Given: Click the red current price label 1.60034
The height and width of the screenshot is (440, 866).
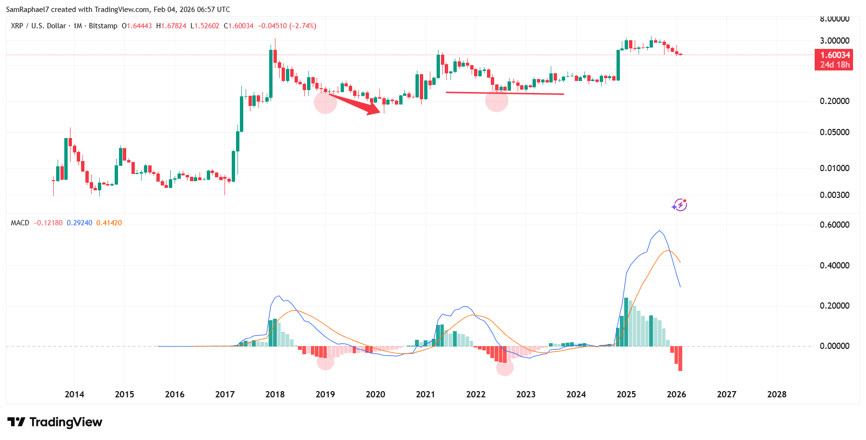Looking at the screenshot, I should pos(834,55).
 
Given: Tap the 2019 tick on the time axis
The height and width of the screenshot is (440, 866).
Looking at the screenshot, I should pos(325,394).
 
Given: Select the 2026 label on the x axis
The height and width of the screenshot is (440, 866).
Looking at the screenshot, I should pos(676,394).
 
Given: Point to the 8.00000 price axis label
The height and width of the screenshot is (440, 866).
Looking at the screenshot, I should pos(834,19).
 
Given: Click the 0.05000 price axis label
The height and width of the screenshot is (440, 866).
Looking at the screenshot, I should pos(834,132).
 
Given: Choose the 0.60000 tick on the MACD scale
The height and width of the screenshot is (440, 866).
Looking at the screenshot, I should pos(834,225).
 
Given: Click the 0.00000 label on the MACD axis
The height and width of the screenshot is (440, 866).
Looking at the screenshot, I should pos(834,346).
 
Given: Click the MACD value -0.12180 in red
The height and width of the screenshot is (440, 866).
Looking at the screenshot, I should pos(48,223).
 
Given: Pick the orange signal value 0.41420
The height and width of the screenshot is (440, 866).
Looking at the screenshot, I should pos(109,223).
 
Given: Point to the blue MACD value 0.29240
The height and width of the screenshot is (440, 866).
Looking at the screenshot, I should pos(79,223).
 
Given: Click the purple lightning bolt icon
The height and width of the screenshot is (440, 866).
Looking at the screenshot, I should pos(679,205).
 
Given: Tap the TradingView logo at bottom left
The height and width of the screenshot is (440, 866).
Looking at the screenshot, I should pos(55,422).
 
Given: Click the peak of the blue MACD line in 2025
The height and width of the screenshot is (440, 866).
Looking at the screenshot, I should pos(660,231).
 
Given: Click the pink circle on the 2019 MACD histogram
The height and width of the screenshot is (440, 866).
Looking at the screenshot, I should pos(325,362).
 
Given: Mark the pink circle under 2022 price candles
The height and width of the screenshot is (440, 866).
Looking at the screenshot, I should pos(497,100).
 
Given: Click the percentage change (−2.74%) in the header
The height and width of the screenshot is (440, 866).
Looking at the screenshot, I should pos(302,26).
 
